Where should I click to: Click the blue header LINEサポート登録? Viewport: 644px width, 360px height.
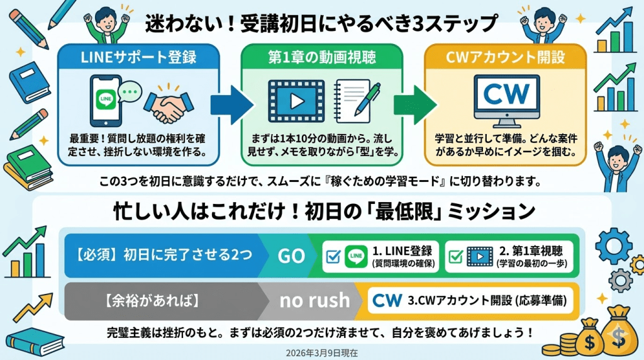139,58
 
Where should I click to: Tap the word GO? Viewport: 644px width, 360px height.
291,256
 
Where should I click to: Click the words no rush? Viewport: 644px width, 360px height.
314,300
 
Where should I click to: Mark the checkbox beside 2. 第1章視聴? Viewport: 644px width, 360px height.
457,256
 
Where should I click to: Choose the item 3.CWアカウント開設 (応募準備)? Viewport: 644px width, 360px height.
472,300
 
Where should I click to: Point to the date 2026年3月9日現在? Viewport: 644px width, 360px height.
322,353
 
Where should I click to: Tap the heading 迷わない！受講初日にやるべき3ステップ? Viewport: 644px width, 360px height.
322,24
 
